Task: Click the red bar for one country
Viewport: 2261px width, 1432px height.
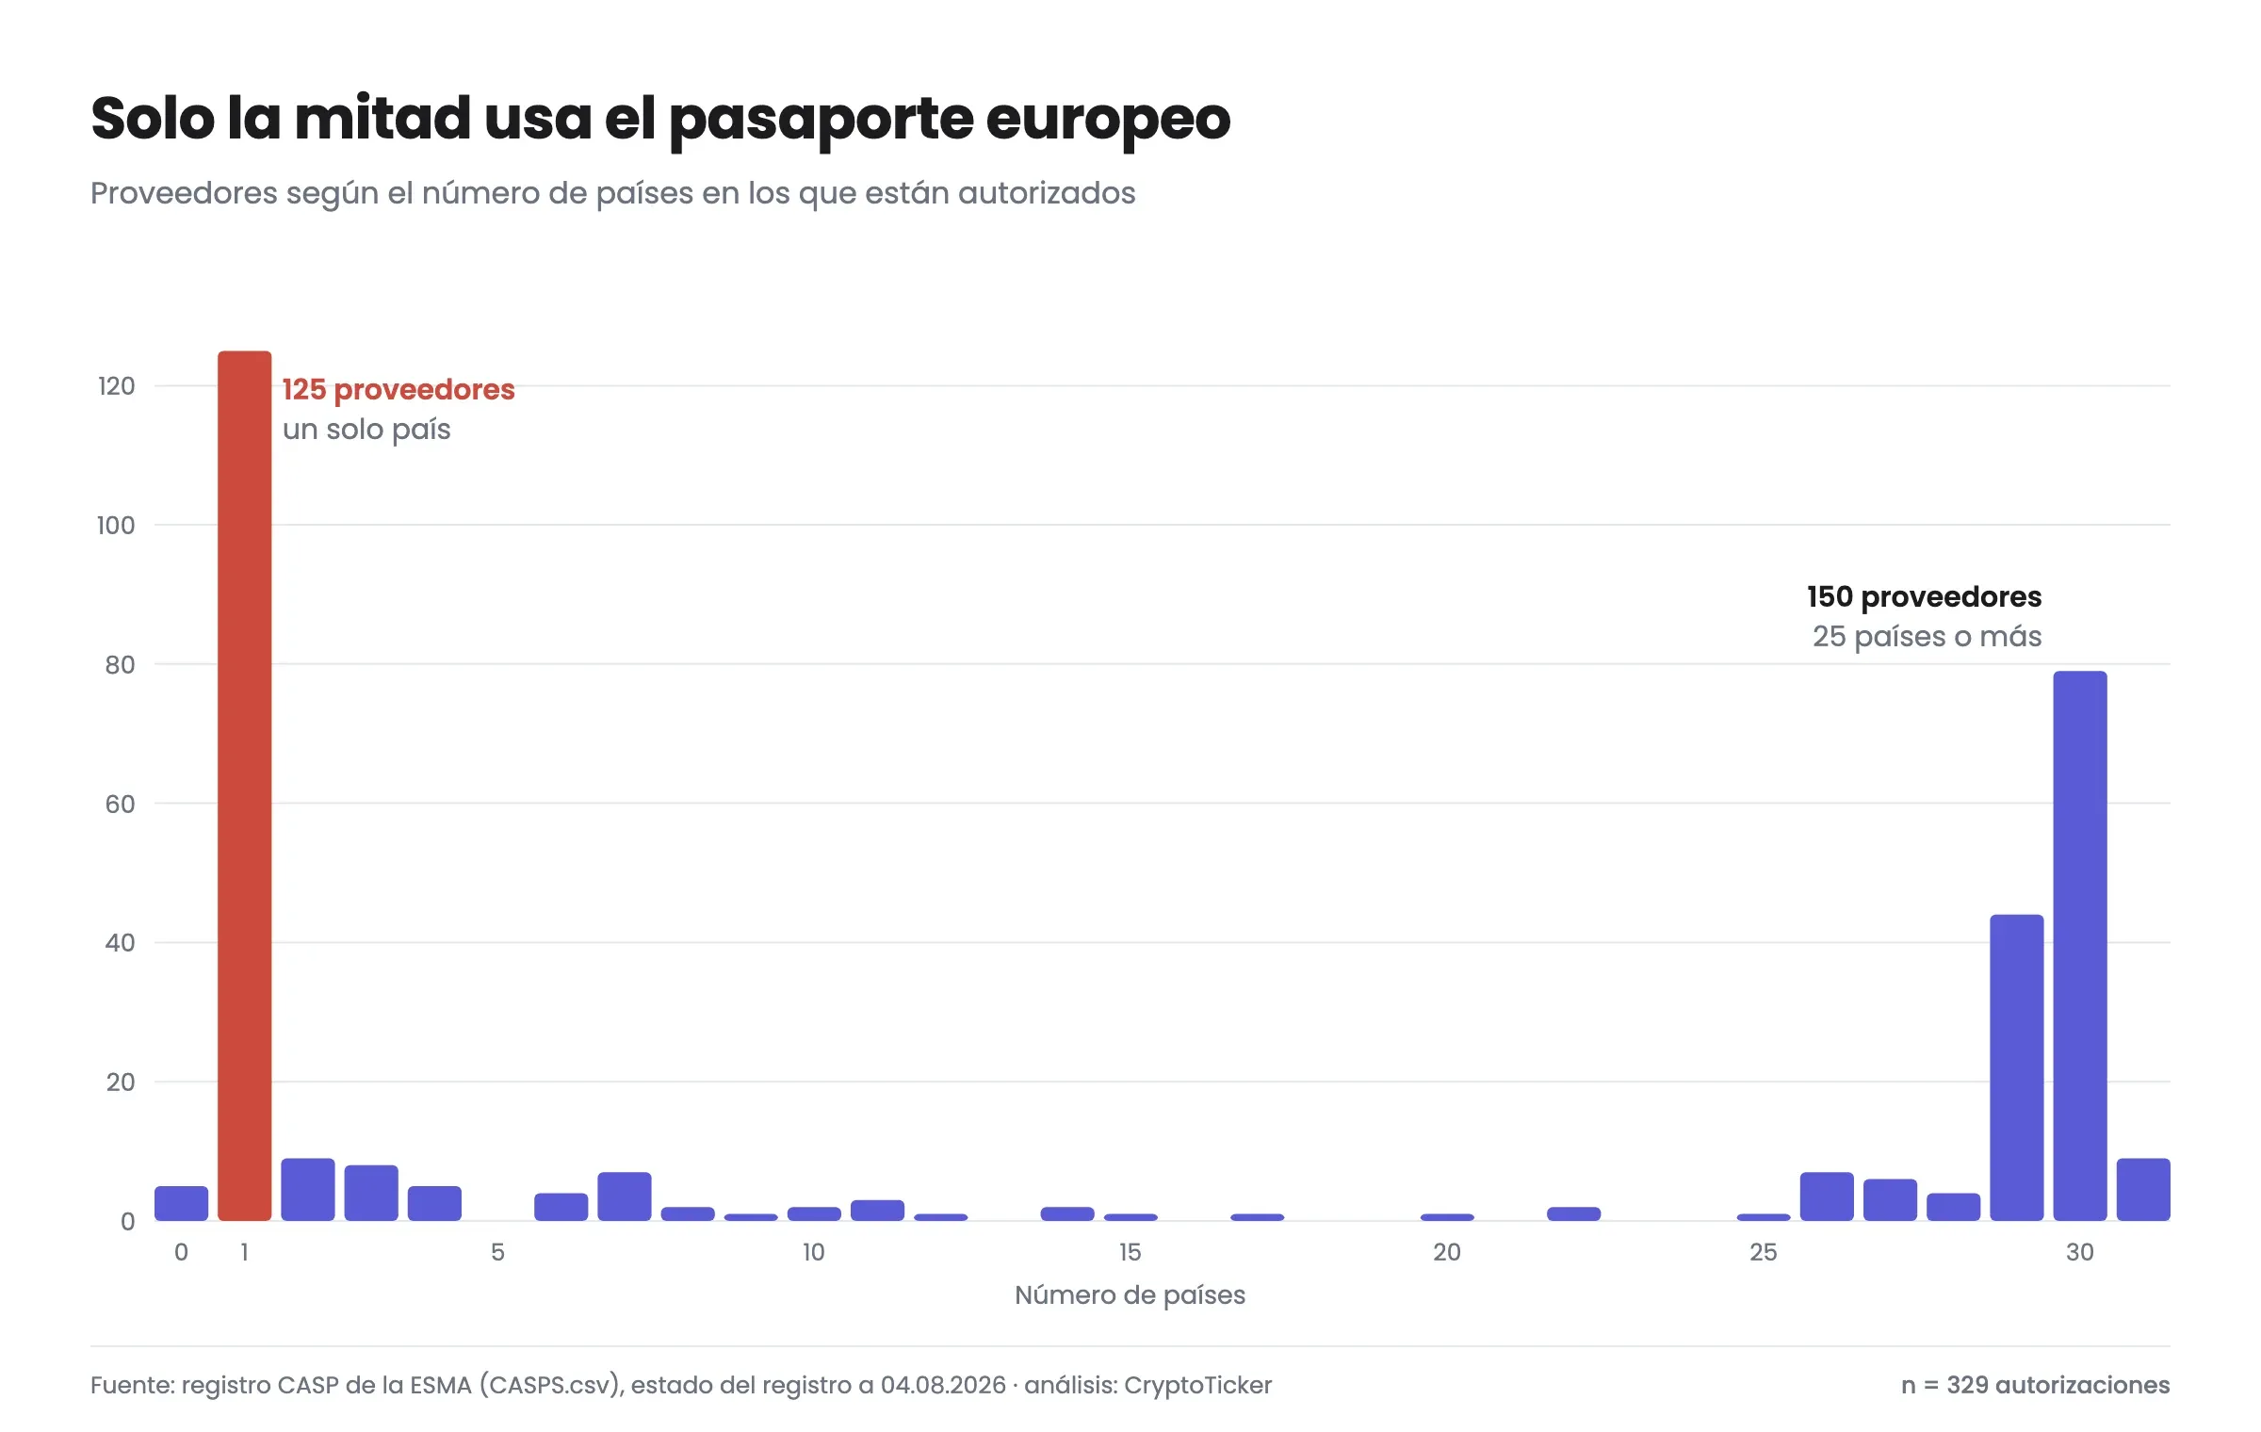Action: (245, 786)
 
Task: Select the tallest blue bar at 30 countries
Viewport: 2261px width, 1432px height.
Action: (2080, 946)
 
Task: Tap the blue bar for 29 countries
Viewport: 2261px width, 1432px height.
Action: (2017, 1067)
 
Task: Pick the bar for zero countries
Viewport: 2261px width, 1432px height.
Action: (182, 1203)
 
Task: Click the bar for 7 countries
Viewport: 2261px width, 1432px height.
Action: (625, 1196)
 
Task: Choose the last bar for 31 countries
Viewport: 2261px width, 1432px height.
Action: (2143, 1189)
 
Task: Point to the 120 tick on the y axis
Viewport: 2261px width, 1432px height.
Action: (117, 385)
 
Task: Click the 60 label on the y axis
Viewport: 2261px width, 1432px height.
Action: (120, 804)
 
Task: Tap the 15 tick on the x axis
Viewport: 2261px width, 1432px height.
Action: (1130, 1252)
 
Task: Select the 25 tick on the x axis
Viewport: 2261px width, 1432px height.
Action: (1764, 1252)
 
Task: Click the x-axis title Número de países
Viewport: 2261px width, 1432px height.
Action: (1130, 1295)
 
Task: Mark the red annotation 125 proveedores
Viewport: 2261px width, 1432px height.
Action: (399, 389)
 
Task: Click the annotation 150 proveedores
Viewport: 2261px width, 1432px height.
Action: (1924, 596)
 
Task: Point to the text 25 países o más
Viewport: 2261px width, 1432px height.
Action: (1927, 637)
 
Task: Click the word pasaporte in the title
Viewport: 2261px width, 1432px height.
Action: (820, 121)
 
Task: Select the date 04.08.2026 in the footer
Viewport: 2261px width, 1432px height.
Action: (943, 1385)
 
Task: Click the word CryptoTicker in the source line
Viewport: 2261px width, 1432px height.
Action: (1197, 1386)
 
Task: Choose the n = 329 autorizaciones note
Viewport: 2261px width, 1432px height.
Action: (2035, 1385)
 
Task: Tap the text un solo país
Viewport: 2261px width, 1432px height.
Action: (366, 430)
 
